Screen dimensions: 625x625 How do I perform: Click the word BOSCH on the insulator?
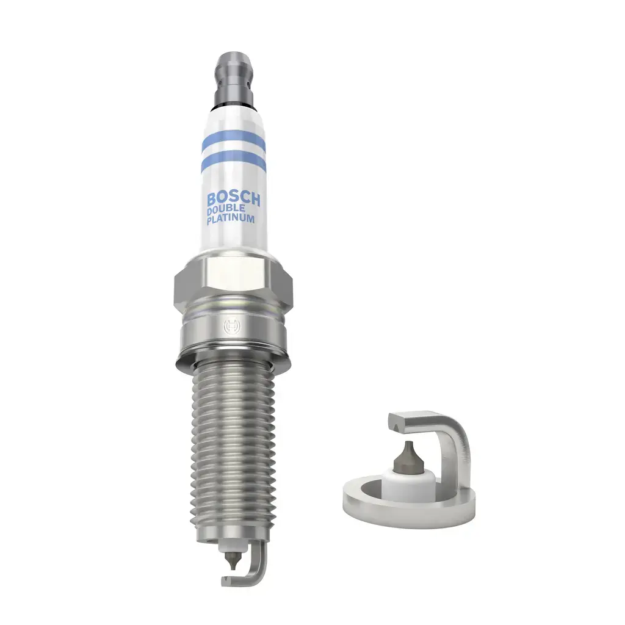click(234, 200)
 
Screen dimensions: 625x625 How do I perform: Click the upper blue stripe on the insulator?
click(233, 143)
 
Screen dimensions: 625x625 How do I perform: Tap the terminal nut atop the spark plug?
click(234, 72)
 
